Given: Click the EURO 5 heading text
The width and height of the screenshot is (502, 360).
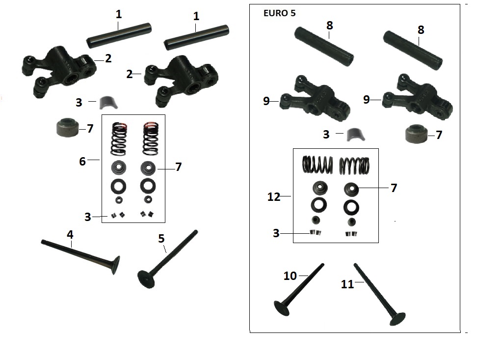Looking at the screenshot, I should tap(280, 13).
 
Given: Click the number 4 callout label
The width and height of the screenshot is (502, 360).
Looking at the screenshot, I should tap(70, 235).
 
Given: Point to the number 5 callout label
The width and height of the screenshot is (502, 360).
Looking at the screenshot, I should tap(161, 239).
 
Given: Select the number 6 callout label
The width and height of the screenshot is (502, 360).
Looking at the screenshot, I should tap(83, 161).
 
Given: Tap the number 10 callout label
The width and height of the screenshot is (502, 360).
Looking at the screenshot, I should tap(290, 276).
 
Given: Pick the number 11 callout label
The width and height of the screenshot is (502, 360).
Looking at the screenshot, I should tap(347, 284).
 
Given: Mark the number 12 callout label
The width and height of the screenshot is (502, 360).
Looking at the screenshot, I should tap(274, 197).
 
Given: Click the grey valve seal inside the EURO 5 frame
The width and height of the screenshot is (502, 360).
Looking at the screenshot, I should tap(416, 136).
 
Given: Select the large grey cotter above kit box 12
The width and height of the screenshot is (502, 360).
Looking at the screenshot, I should tap(352, 134).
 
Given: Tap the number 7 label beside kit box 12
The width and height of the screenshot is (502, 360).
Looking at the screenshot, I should tap(394, 188).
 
